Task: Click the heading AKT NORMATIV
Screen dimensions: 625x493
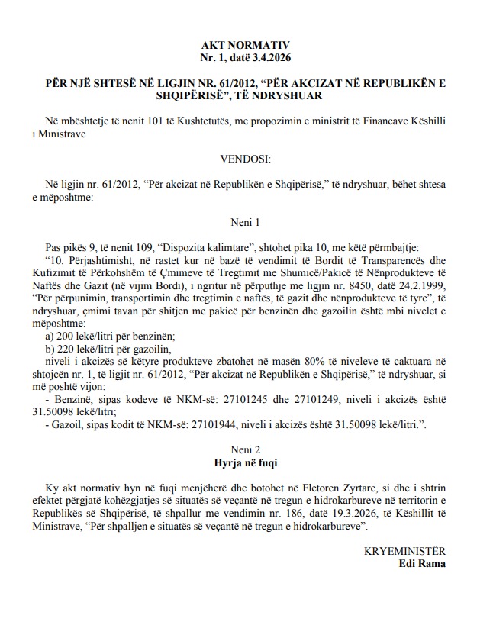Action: pos(246,46)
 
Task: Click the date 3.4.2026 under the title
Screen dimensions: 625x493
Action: pos(270,57)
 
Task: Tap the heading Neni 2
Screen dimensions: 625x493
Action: pos(246,449)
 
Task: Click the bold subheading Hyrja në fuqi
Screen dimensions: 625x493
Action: pos(246,462)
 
